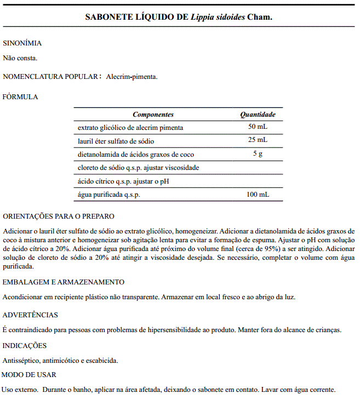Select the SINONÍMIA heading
point(22,43)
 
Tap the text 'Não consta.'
point(20,57)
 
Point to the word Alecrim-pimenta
point(132,77)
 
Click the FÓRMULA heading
point(20,96)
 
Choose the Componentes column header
point(153,115)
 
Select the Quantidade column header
point(258,115)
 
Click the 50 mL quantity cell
point(258,127)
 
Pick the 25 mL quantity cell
point(258,140)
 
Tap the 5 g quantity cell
point(258,154)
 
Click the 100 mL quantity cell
point(258,195)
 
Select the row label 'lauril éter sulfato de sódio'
point(115,141)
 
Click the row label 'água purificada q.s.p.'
point(108,195)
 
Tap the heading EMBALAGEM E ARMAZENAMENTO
point(64,282)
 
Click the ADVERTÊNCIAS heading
point(30,315)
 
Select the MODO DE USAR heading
point(28,374)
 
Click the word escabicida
point(101,361)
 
